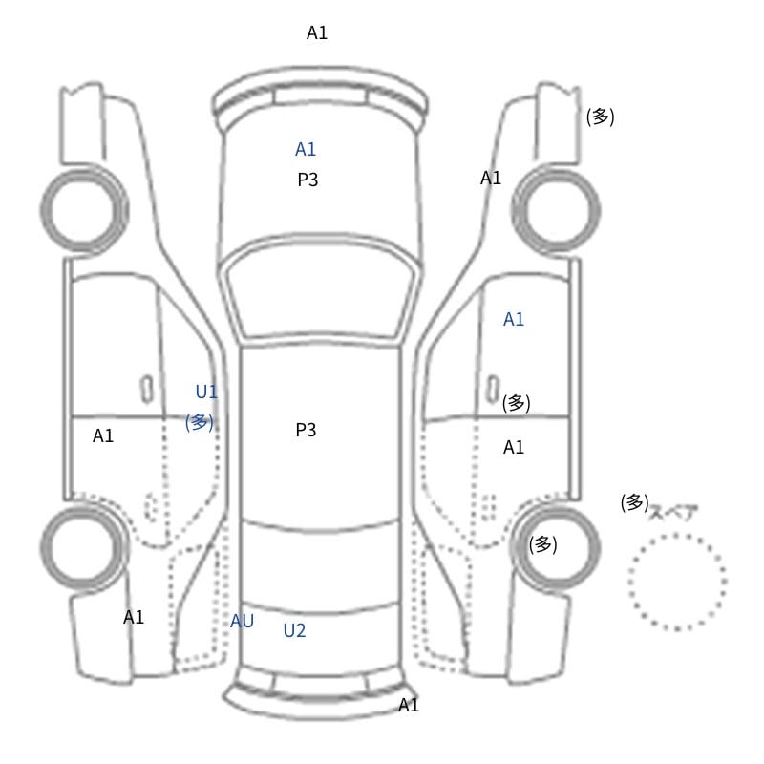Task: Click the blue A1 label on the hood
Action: point(306,149)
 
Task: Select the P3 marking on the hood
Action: point(308,180)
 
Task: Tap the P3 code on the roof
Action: point(306,430)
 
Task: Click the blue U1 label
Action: point(206,392)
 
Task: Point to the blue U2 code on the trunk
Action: point(294,630)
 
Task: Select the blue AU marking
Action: point(242,621)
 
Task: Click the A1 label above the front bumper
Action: point(317,32)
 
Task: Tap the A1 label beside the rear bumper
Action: point(409,705)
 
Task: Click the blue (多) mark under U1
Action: point(200,422)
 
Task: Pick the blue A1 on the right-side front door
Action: point(514,319)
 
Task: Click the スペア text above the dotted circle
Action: point(673,513)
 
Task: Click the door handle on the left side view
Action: point(147,390)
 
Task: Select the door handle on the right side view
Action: point(493,390)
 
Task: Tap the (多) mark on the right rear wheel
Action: point(542,544)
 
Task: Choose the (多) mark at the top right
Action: point(601,117)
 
